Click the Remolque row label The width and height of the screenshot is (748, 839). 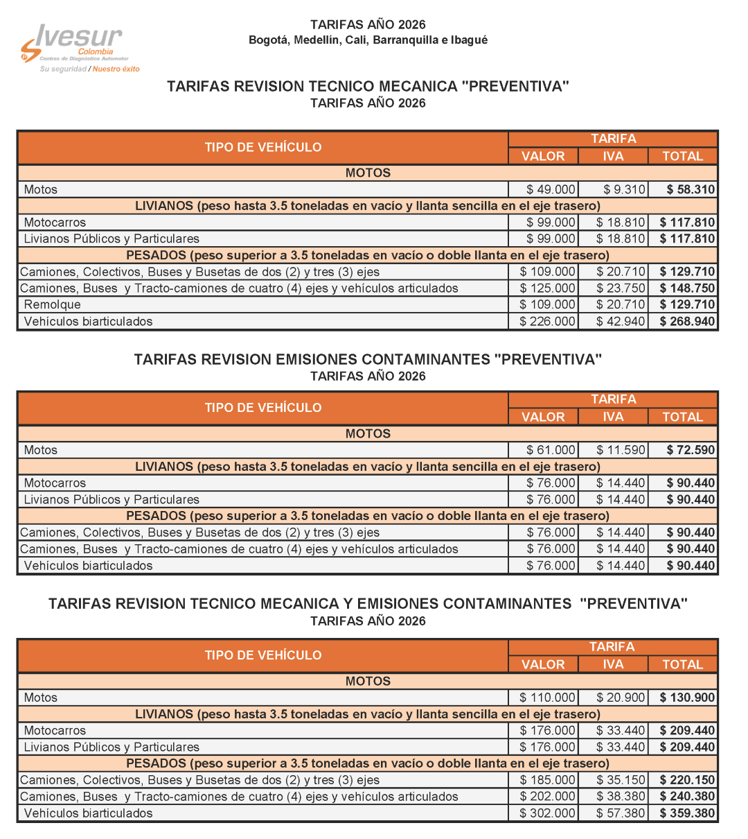53,304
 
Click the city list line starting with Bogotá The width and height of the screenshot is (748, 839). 368,40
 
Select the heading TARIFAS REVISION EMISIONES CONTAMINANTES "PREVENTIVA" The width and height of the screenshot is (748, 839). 368,359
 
